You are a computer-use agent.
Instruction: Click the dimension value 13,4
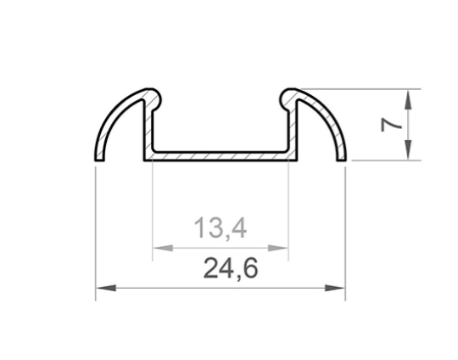click(219, 228)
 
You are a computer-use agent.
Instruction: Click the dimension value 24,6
click(230, 269)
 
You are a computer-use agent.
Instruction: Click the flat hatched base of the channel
click(220, 156)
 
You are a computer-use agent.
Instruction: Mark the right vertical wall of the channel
click(293, 127)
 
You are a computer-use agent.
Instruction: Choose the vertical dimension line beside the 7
click(409, 124)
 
